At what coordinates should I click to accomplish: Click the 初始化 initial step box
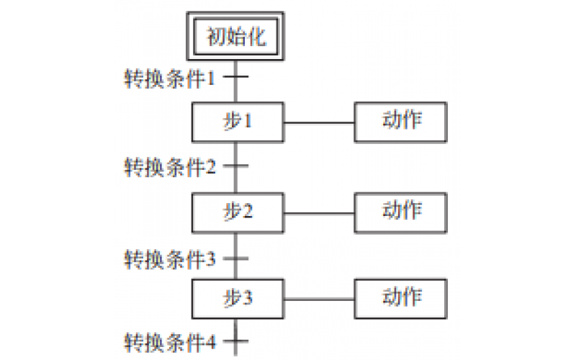pyautogui.click(x=236, y=37)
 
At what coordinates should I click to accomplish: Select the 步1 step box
pyautogui.click(x=237, y=122)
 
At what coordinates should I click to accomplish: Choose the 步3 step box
pyautogui.click(x=237, y=298)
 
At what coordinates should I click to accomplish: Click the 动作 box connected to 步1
pyautogui.click(x=401, y=122)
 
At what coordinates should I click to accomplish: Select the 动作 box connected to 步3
pyautogui.click(x=401, y=298)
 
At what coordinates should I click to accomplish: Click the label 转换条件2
pyautogui.click(x=170, y=167)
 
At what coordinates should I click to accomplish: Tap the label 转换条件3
pyautogui.click(x=170, y=257)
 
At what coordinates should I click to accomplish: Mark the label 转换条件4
pyautogui.click(x=170, y=341)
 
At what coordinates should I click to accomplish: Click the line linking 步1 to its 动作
pyautogui.click(x=319, y=122)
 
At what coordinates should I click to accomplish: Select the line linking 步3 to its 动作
pyautogui.click(x=319, y=298)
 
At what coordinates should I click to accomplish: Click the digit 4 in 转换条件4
pyautogui.click(x=211, y=341)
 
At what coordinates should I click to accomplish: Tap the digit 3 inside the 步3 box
pyautogui.click(x=248, y=298)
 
